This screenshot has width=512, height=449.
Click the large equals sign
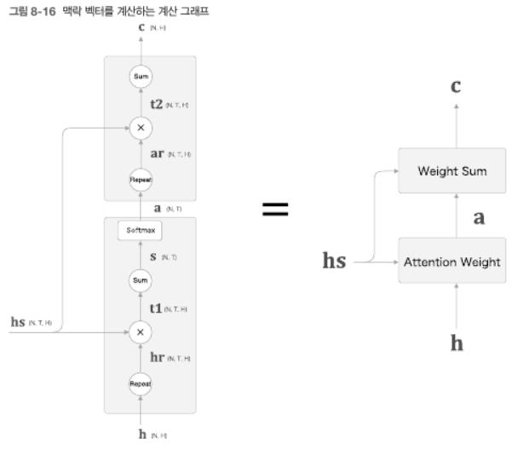pyautogui.click(x=274, y=210)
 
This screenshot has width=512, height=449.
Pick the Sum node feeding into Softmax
pyautogui.click(x=141, y=279)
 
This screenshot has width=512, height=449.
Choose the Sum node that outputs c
pyautogui.click(x=141, y=78)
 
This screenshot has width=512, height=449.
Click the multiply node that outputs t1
pyautogui.click(x=141, y=331)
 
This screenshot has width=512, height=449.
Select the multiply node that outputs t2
pyautogui.click(x=141, y=129)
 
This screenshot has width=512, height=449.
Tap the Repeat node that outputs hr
pyautogui.click(x=141, y=384)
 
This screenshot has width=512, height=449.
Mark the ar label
pyautogui.click(x=158, y=154)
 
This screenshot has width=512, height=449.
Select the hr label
pyautogui.click(x=158, y=359)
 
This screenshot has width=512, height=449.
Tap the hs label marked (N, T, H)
pyautogui.click(x=17, y=323)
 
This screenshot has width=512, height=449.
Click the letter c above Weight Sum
pyautogui.click(x=456, y=85)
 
